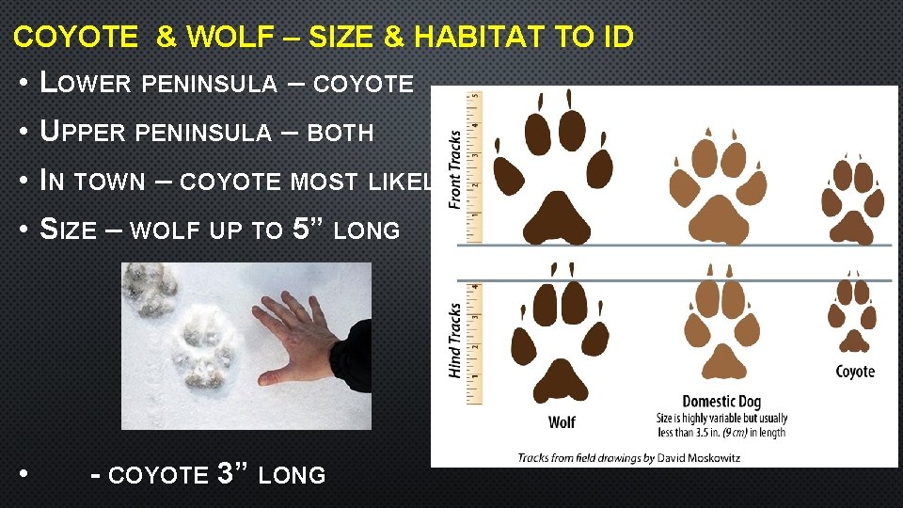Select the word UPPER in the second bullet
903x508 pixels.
click(83, 133)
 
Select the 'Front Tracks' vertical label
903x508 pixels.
click(455, 169)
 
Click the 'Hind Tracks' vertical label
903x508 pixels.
click(455, 340)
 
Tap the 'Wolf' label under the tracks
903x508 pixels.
click(562, 422)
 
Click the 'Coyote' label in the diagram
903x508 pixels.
click(855, 372)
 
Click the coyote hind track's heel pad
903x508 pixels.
click(853, 341)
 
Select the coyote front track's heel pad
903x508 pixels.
click(853, 227)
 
